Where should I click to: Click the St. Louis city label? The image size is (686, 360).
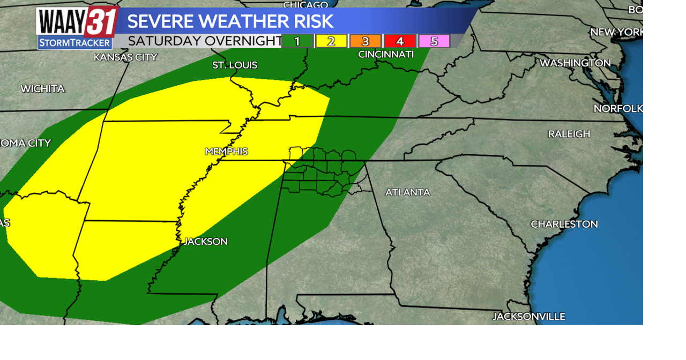235,65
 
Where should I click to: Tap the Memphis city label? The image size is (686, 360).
226,152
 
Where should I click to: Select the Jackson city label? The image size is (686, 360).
206,242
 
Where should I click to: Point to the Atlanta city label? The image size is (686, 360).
407,192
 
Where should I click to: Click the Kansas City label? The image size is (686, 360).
125,57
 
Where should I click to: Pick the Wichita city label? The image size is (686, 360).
43,89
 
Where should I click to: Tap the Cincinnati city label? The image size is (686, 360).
386,55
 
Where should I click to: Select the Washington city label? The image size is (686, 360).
575,63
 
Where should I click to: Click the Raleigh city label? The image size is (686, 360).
569,134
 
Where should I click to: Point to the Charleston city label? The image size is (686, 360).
564,224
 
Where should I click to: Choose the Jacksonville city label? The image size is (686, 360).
528,317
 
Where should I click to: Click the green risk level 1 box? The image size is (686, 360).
297,41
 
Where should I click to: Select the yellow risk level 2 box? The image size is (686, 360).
331,41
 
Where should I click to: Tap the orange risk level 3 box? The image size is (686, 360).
365,41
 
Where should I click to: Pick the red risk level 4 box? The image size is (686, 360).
399,41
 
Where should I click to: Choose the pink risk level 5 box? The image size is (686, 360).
434,41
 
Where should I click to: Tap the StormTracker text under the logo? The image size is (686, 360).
75,43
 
